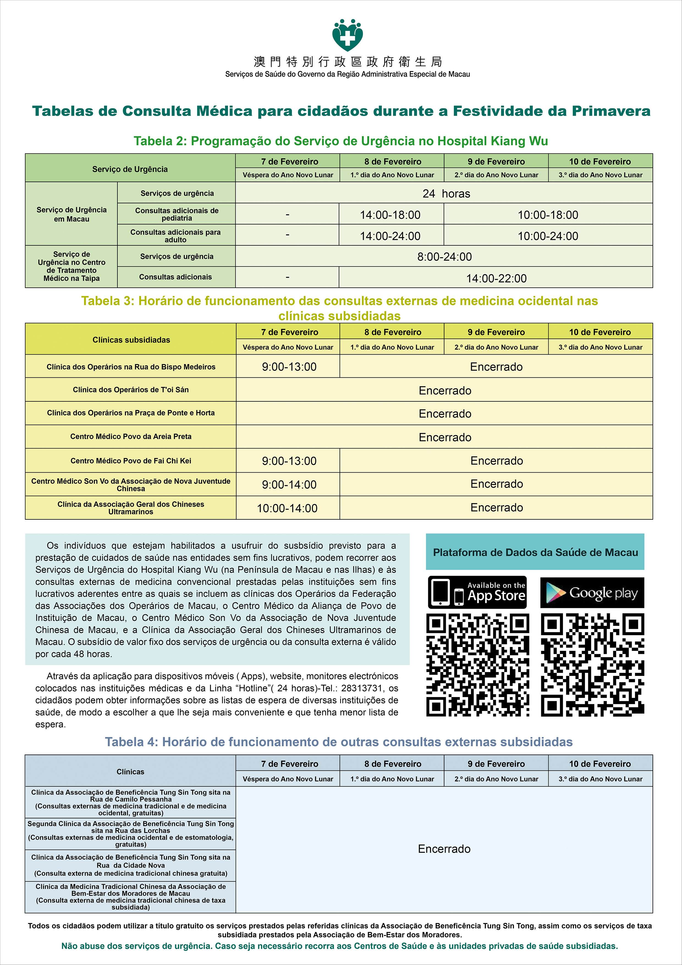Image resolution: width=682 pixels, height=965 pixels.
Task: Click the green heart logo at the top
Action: [x=348, y=36]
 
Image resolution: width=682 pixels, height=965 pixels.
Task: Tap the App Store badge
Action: [x=477, y=592]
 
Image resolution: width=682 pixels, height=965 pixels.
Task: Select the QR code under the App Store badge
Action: [x=477, y=665]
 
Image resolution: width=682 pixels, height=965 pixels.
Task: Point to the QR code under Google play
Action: [x=592, y=665]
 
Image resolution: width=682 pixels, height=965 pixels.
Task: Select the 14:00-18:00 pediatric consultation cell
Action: [x=391, y=215]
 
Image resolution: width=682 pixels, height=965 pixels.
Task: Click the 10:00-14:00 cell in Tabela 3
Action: [x=287, y=508]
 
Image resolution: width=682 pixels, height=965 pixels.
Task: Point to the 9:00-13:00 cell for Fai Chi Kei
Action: [x=289, y=461]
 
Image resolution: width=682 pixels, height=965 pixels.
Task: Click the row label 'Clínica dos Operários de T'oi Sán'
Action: [x=131, y=390]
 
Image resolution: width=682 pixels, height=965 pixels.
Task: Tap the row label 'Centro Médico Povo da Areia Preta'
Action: [x=131, y=436]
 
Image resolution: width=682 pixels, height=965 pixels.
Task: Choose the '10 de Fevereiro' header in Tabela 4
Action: [x=600, y=764]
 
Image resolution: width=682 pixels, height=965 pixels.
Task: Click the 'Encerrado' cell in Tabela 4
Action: [x=444, y=849]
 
